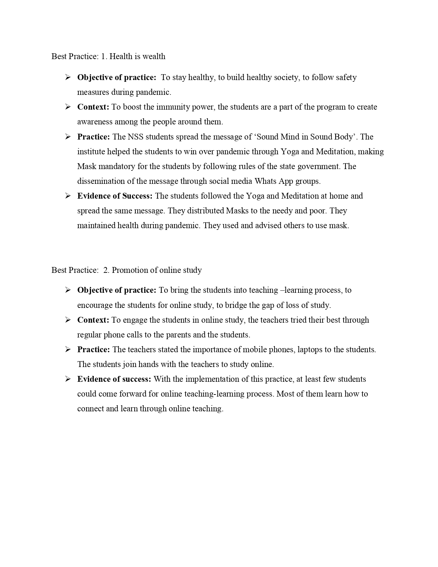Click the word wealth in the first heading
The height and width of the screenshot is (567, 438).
tap(154, 56)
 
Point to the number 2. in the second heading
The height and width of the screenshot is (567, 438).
tap(106, 270)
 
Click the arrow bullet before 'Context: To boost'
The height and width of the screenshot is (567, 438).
tap(68, 107)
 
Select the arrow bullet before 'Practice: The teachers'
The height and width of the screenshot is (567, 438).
tap(68, 349)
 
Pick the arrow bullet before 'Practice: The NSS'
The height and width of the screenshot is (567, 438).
tap(68, 137)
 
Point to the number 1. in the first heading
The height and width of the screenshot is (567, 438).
tap(104, 56)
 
